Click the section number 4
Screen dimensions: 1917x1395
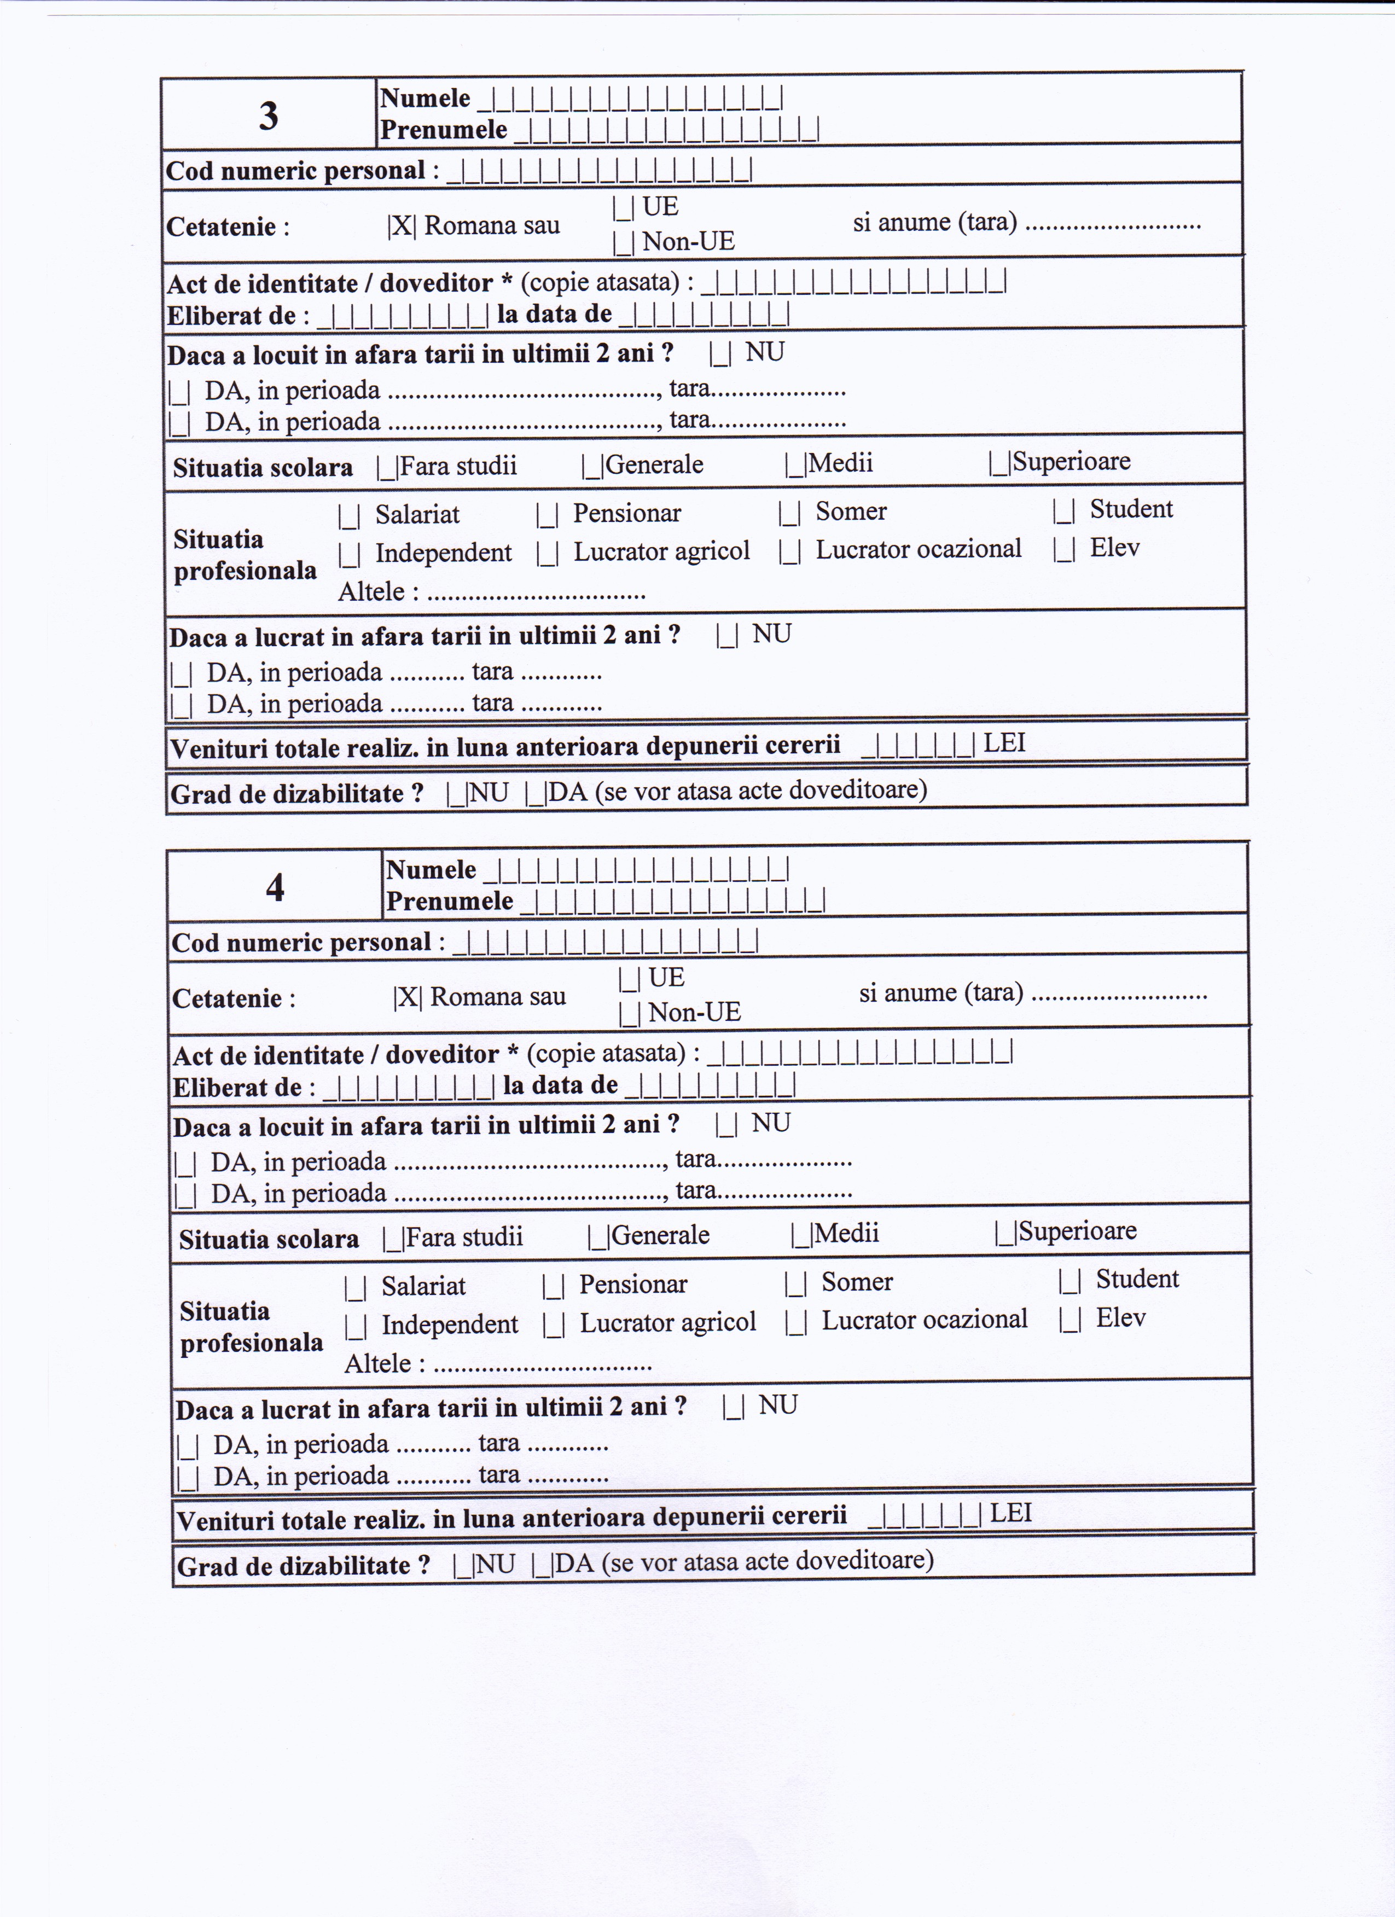[x=275, y=887]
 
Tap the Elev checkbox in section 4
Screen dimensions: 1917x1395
[x=1069, y=1320]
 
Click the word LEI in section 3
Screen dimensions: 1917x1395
[x=1004, y=743]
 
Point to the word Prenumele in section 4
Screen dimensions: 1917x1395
[x=450, y=902]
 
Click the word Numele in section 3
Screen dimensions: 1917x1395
[x=425, y=98]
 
